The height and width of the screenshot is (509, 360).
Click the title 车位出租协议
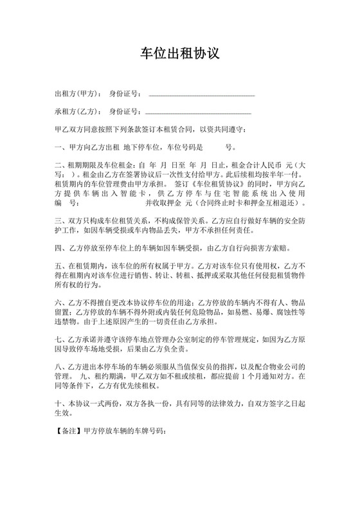click(180, 53)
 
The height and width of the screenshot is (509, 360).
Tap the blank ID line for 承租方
click(199, 113)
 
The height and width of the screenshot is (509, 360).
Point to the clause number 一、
click(61, 147)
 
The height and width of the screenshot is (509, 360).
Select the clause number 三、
click(61, 219)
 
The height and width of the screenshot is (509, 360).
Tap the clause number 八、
click(61, 366)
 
